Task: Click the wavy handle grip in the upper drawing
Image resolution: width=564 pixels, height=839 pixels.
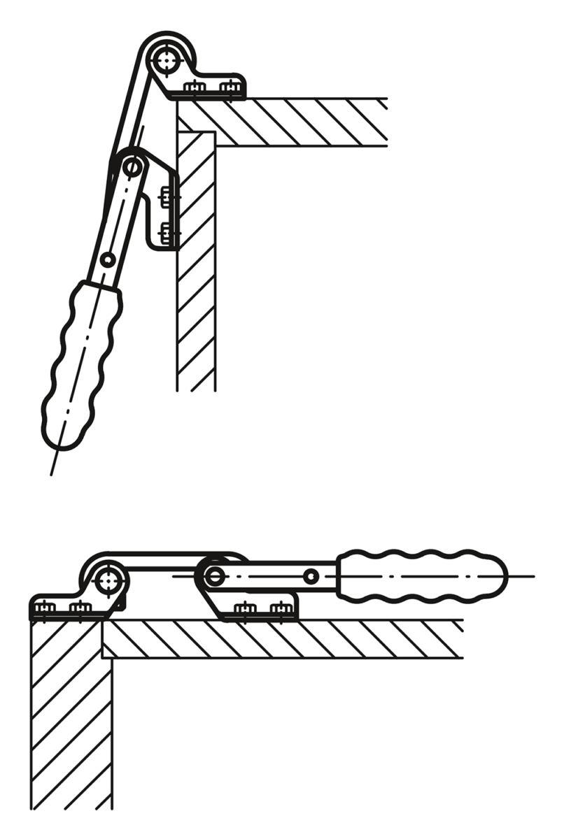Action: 80,364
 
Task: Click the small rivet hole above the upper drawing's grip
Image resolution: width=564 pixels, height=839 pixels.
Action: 107,260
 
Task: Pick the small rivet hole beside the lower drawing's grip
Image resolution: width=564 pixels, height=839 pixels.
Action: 311,577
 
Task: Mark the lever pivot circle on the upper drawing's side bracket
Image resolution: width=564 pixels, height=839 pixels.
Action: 132,166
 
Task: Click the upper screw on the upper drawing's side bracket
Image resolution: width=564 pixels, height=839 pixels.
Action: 167,197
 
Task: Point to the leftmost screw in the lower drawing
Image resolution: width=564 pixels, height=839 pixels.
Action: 44,608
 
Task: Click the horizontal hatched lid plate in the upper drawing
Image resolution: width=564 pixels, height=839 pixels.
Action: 301,122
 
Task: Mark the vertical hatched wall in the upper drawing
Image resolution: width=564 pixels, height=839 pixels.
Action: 196,294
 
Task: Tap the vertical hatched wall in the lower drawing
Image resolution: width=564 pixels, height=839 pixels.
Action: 70,720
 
